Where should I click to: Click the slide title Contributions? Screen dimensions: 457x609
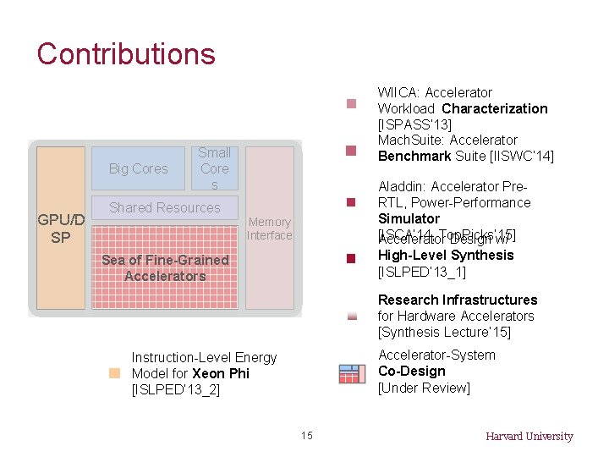(126, 54)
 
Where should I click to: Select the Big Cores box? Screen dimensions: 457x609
(139, 168)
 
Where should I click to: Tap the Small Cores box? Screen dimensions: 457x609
(215, 168)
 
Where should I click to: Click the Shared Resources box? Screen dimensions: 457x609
(165, 208)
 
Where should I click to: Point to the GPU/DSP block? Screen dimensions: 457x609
(61, 228)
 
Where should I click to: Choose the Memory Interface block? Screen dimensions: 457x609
(269, 228)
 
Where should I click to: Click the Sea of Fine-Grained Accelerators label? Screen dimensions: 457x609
(165, 267)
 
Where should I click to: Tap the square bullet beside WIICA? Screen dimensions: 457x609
(352, 105)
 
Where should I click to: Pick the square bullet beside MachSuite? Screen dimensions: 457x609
(352, 151)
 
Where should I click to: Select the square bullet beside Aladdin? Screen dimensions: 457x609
(352, 202)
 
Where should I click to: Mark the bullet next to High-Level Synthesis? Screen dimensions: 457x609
(352, 259)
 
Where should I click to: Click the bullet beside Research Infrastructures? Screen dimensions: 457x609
(352, 316)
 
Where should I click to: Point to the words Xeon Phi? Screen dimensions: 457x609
(221, 373)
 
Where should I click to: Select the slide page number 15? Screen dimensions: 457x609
(306, 436)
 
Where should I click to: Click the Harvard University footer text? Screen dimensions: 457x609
(529, 437)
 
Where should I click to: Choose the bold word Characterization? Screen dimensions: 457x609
(495, 108)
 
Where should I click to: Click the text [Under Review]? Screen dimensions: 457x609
(424, 388)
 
